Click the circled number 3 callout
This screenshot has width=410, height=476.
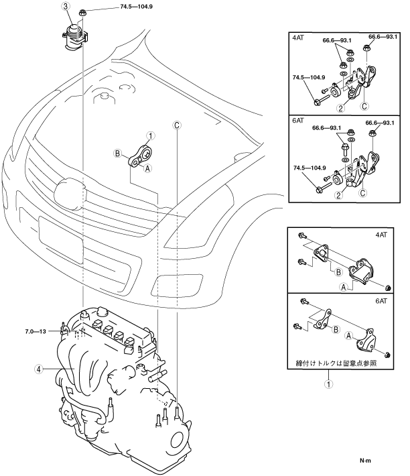66,7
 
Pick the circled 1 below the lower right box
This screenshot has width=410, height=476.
328,385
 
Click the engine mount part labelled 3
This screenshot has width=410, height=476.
73,37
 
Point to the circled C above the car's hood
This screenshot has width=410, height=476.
177,125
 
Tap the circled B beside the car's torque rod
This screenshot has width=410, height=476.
117,155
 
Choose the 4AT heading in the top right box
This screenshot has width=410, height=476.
298,40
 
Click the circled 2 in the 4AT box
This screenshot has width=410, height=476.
340,108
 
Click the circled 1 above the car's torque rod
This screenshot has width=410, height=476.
151,135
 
